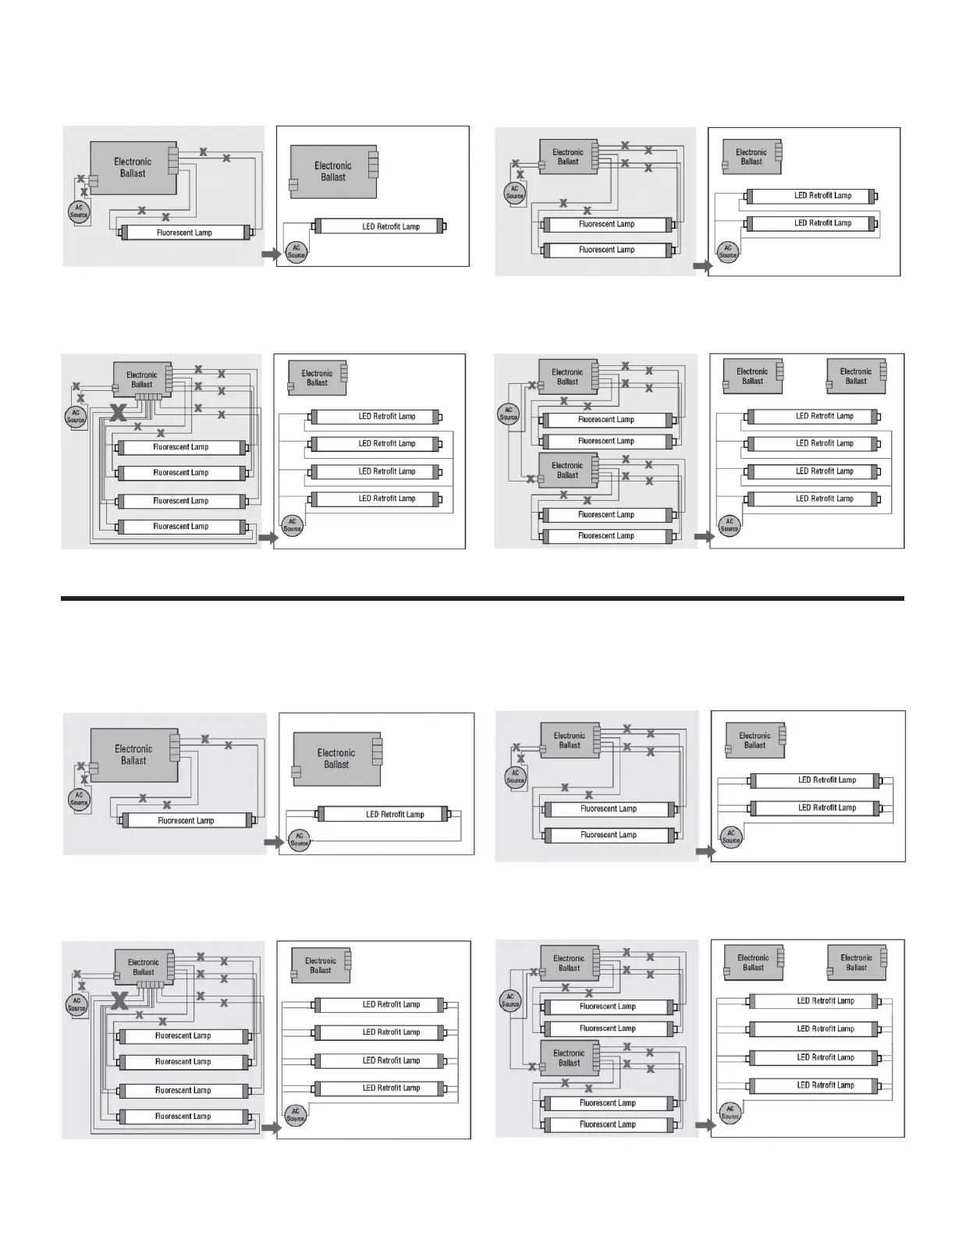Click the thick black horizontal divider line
point(482,598)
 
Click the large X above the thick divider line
point(118,412)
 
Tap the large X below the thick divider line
point(119,1000)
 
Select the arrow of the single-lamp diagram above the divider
point(272,254)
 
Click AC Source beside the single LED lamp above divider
point(296,251)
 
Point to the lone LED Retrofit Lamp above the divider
point(379,226)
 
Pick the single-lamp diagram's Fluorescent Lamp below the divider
point(186,820)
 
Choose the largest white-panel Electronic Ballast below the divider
point(337,758)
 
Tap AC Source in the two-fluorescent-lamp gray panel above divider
point(515,192)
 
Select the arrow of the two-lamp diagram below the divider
point(705,851)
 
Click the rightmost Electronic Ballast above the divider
point(857,376)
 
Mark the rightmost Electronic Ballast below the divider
point(857,962)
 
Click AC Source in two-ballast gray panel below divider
point(510,1000)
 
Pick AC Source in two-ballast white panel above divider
point(730,525)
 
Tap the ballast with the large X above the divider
point(143,379)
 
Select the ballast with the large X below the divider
point(144,968)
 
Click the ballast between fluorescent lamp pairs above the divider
point(568,470)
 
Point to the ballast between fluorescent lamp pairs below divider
point(570,1058)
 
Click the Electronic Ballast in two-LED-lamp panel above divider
point(752,156)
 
